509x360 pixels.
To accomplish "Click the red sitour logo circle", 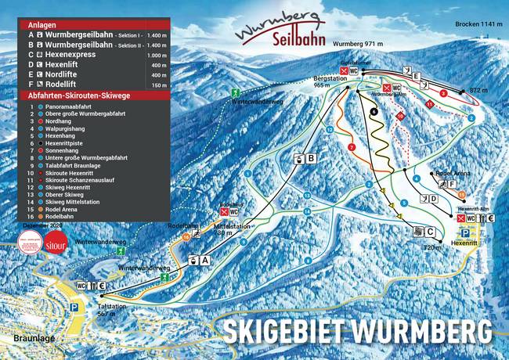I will tap(56, 242).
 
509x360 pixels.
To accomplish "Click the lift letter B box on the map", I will tap(311, 159).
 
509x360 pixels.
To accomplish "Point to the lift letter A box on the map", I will tap(206, 260).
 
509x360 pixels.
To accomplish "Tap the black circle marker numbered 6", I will tap(374, 112).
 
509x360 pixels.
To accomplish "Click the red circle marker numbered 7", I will tap(352, 146).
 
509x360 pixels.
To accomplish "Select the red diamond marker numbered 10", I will tap(400, 116).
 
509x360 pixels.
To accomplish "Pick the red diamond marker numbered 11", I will tap(429, 103).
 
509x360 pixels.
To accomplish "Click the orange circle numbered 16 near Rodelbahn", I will tap(186, 236).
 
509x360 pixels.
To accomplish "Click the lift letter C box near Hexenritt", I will tap(429, 232).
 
